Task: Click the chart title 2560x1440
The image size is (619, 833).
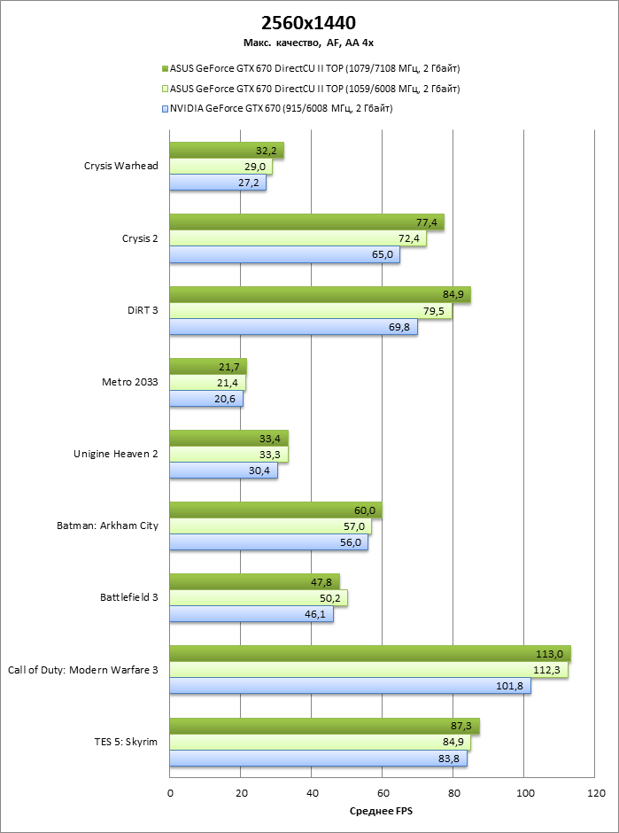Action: [x=309, y=23]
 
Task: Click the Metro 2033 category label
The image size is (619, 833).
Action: [x=130, y=382]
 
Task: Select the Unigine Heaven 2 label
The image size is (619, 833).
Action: [x=115, y=454]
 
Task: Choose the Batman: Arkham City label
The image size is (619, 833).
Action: [x=107, y=525]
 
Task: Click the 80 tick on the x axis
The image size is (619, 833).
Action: [x=453, y=793]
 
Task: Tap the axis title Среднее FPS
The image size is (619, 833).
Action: [x=382, y=812]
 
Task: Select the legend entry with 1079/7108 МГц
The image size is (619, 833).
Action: [x=313, y=68]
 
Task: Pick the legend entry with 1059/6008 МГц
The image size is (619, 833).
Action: [x=313, y=89]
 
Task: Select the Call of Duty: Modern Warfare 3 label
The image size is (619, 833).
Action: [x=82, y=670]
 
